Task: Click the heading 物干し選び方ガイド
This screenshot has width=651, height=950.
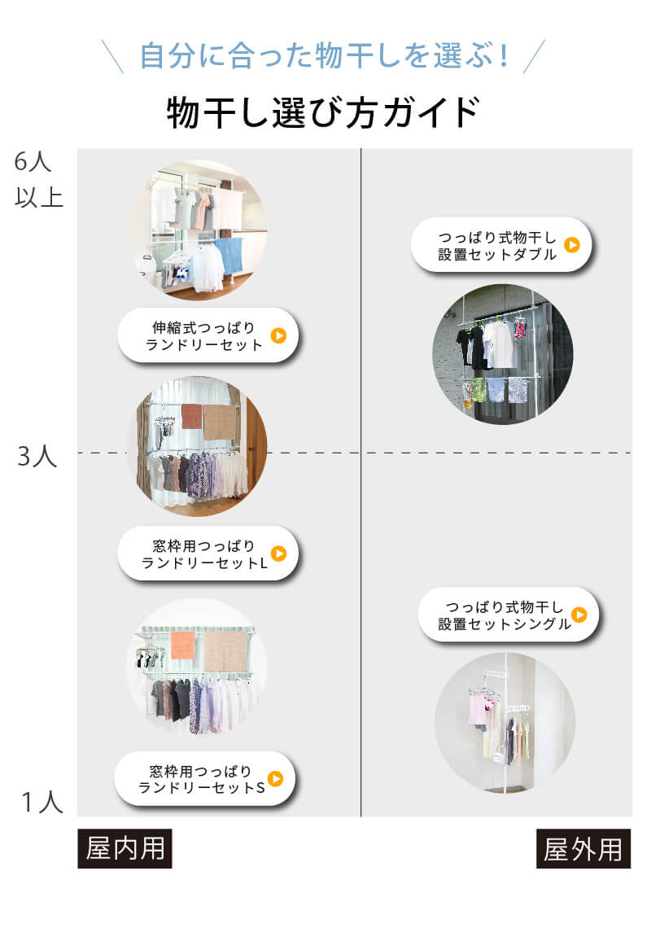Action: (x=323, y=112)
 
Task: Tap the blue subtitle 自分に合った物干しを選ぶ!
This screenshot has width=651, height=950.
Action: (x=325, y=55)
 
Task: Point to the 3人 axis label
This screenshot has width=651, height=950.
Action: (x=37, y=456)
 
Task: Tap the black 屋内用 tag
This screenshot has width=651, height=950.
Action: (x=125, y=849)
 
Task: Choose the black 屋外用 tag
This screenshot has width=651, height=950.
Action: (x=583, y=849)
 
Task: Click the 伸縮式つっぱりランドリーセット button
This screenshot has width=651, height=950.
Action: (x=208, y=335)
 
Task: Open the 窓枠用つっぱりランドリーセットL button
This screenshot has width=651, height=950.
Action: (x=208, y=554)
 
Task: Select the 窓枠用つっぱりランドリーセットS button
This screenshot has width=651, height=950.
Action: (x=203, y=779)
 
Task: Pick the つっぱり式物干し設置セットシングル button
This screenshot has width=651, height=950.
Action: (x=509, y=615)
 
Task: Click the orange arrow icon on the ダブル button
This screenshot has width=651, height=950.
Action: (x=572, y=244)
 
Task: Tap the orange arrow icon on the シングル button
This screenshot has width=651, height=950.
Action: (x=579, y=615)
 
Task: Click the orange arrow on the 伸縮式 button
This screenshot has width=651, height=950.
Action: (x=278, y=335)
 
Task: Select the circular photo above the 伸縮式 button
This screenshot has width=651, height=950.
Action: (x=196, y=230)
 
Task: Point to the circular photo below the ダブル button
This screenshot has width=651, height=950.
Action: (x=503, y=354)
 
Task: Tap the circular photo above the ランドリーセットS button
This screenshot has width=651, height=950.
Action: (x=196, y=668)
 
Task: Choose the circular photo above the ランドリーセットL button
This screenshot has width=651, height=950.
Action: (x=196, y=446)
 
